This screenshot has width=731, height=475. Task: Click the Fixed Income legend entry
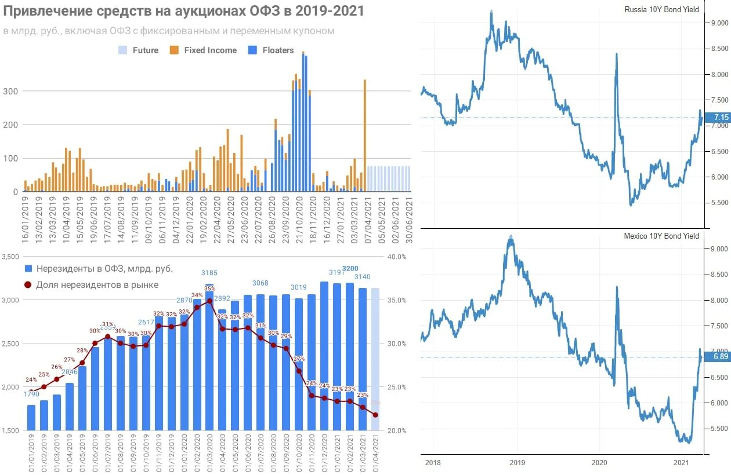pyautogui.click(x=204, y=50)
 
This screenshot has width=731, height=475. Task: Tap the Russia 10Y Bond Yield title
pyautogui.click(x=661, y=9)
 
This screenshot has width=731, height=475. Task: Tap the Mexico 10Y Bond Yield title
pyautogui.click(x=661, y=236)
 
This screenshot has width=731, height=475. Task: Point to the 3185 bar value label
pyautogui.click(x=209, y=272)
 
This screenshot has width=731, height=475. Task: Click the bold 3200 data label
pyautogui.click(x=350, y=268)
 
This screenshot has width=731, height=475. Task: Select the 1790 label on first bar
pyautogui.click(x=31, y=394)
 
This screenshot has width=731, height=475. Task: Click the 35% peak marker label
pyautogui.click(x=209, y=288)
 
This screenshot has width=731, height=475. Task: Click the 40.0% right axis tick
pyautogui.click(x=397, y=257)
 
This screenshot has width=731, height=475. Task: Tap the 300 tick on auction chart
pyautogui.click(x=11, y=91)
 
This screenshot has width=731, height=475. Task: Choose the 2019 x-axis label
pyautogui.click(x=517, y=463)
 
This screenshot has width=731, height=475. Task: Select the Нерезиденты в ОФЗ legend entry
pyautogui.click(x=99, y=269)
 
